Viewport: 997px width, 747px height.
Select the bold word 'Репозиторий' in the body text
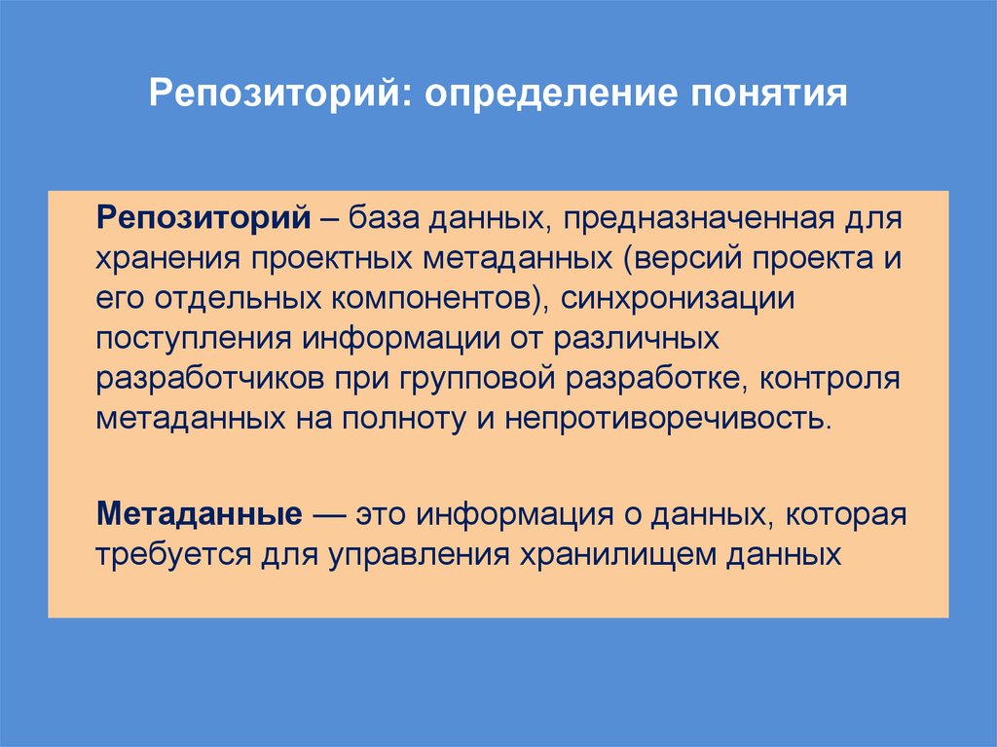[x=203, y=215]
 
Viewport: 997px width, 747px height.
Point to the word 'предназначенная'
[x=698, y=216]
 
